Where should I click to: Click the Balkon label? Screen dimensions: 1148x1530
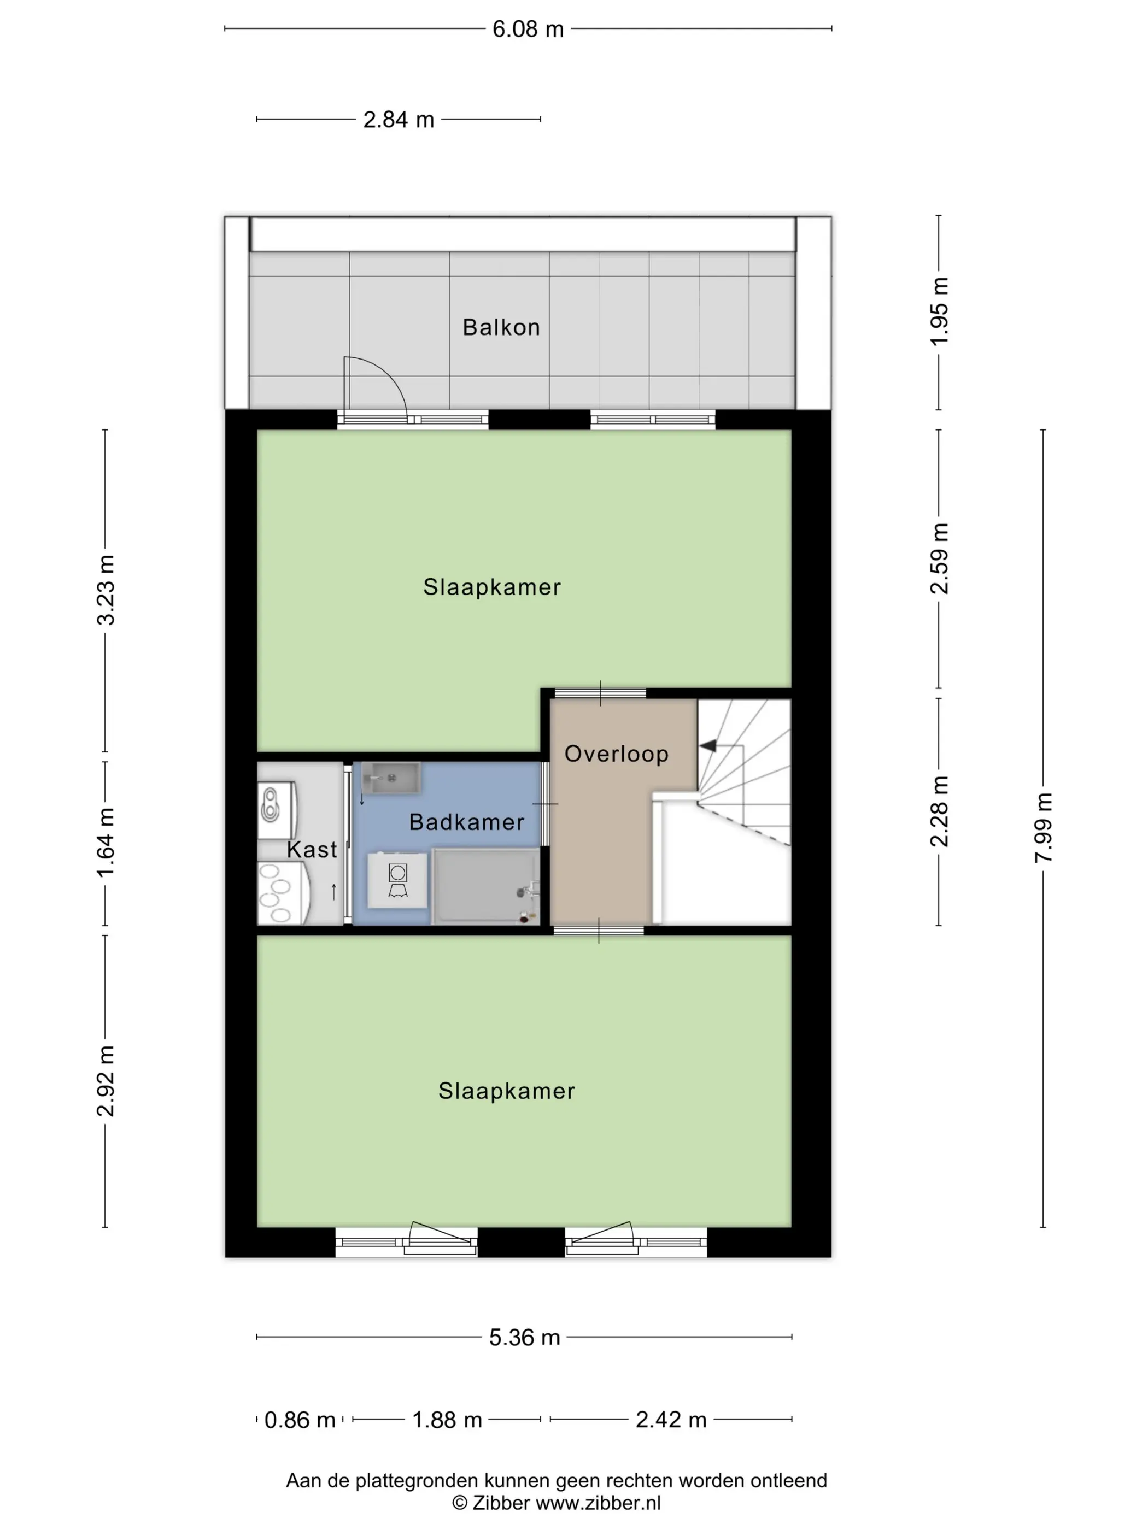501,327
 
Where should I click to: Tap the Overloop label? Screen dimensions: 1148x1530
617,754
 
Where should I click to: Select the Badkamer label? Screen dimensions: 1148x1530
467,822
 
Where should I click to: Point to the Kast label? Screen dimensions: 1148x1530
312,849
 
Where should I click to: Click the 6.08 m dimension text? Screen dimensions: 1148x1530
528,29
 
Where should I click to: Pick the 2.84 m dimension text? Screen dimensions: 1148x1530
399,120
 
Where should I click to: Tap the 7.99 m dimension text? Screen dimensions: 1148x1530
1044,827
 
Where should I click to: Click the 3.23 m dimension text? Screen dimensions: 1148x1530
105,590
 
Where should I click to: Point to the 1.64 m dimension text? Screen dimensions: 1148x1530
105,842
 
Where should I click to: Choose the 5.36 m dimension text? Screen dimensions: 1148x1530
524,1337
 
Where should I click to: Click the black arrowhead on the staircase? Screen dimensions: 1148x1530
707,746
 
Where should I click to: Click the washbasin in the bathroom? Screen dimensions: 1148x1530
391,779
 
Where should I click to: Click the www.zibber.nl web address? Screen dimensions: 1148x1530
599,1503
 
